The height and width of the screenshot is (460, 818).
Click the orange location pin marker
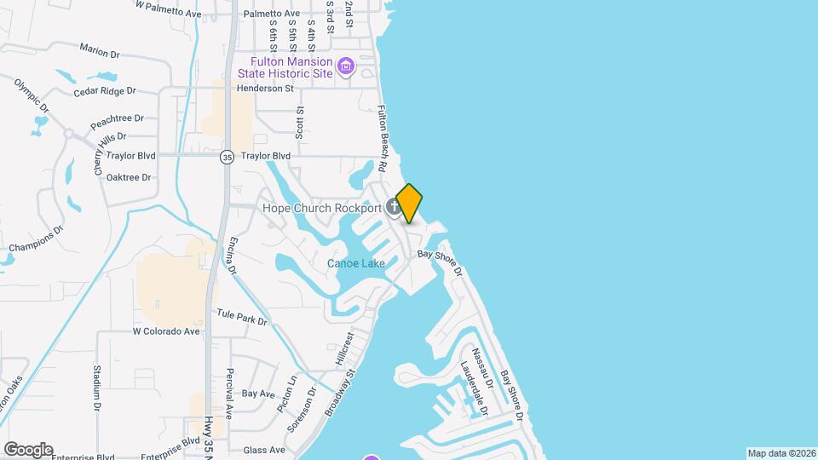410,203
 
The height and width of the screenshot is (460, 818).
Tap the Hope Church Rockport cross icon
394,206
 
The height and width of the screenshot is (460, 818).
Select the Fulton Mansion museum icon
345,66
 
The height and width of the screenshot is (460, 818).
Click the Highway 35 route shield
226,157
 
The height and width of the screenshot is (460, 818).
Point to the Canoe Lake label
356,263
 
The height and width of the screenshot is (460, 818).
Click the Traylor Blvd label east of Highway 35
266,156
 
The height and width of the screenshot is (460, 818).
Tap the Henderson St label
265,88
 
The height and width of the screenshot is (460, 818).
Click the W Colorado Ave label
165,331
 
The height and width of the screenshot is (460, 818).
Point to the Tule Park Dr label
242,318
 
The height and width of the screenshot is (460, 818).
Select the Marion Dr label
100,50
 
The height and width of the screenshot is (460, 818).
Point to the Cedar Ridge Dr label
105,91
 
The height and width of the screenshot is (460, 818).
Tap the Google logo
28,450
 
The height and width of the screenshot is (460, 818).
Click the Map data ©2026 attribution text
781,453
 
